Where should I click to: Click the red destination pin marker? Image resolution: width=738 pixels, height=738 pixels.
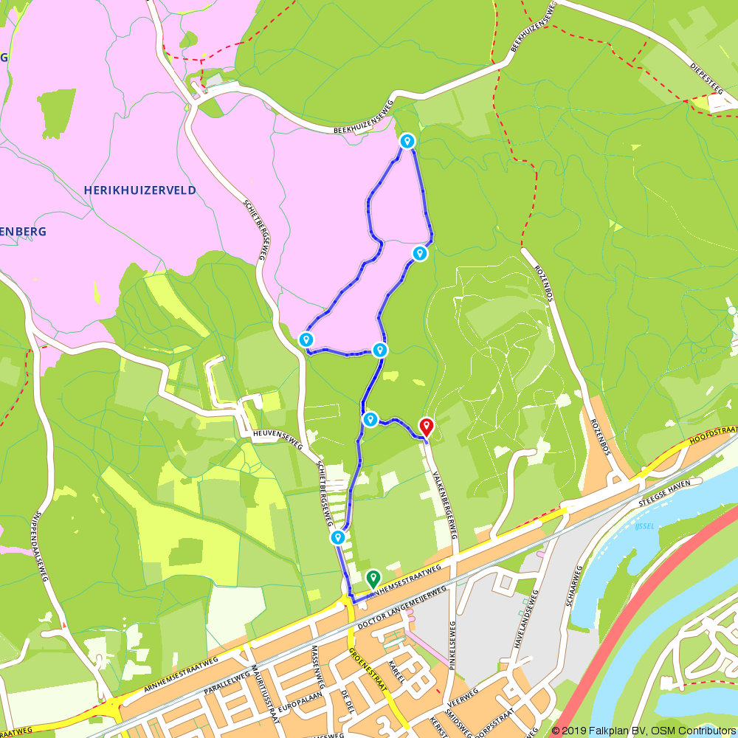[426, 427]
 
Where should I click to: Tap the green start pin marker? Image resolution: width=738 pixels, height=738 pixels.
[373, 578]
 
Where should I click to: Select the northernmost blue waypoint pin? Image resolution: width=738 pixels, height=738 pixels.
[407, 140]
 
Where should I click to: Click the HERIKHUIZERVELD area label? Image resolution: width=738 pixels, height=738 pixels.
[140, 190]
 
